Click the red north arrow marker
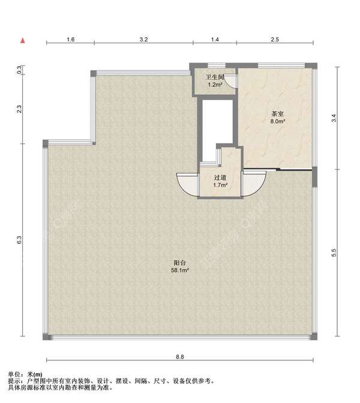tap(23, 41)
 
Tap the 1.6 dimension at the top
tap(71, 39)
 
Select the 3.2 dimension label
tap(143, 39)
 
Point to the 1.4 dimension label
tap(215, 39)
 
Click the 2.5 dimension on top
tap(275, 39)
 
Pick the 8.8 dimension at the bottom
tap(180, 357)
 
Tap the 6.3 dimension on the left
tap(19, 240)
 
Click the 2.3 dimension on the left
tap(19, 109)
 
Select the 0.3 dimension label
tap(19, 70)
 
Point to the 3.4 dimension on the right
tap(334, 118)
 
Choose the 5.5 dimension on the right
tap(334, 253)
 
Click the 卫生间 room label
tap(215, 77)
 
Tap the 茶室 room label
tap(278, 114)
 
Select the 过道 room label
tap(220, 177)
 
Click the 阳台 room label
tap(180, 262)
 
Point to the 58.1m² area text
tap(180, 270)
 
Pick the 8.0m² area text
tap(278, 121)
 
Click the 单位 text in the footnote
tap(14, 374)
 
